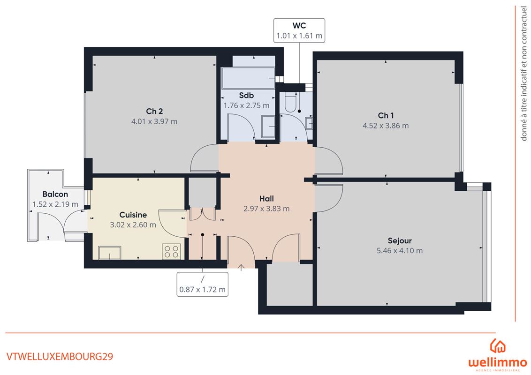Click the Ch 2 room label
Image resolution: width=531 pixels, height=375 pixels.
coord(154,111)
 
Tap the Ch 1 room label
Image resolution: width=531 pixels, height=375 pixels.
coord(386,115)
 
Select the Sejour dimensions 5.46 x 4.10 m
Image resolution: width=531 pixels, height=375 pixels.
coord(400,251)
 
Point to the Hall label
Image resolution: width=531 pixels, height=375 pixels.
coord(266,199)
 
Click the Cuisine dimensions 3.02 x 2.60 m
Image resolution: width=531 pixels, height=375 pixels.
coord(133,225)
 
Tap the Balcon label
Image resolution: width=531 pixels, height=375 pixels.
coord(55,194)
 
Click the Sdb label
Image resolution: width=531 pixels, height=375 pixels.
coord(246,96)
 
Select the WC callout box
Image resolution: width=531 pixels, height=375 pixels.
coord(299,30)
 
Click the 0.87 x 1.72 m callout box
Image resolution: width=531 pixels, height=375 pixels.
coord(203,284)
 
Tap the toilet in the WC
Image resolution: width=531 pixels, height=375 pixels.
coord(291,103)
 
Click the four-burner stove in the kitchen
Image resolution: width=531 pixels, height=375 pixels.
coord(171,251)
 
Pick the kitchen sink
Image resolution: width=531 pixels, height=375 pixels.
coord(110,253)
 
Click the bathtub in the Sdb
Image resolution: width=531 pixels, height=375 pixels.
coord(248,78)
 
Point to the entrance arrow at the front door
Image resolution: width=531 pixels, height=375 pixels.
coord(241,268)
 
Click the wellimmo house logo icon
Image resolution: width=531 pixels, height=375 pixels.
coord(498,346)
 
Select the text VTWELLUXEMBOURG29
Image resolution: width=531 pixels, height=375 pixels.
coord(60,357)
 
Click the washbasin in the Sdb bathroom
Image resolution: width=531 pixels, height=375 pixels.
coord(268,127)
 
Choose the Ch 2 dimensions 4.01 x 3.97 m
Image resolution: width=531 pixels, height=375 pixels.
coord(154,121)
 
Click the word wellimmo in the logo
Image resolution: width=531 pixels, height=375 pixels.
coord(498,363)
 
